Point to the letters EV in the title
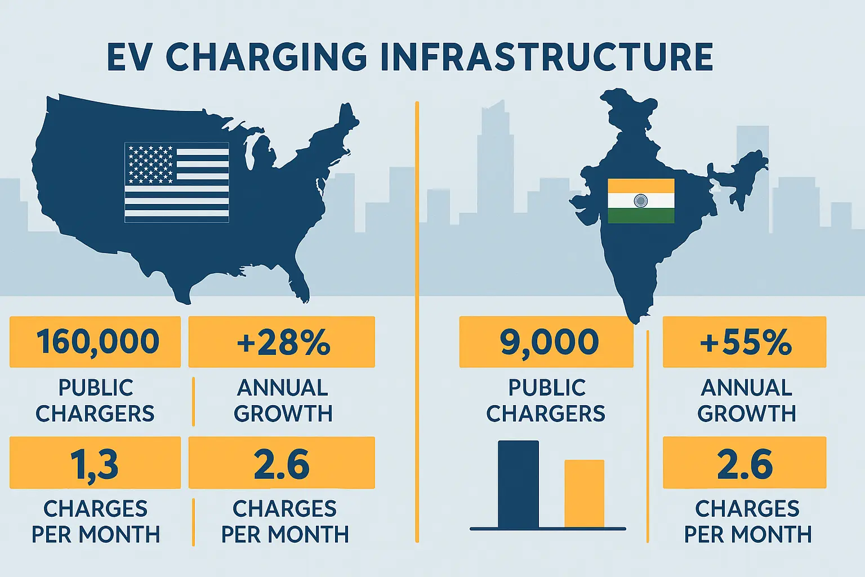pos(130,57)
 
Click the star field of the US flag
pos(150,164)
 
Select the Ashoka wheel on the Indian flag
pos(641,201)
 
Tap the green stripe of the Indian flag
pos(641,216)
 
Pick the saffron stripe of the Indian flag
pos(641,186)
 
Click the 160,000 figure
pos(97,342)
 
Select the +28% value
pos(283,342)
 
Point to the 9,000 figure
pos(549,342)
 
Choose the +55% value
pos(745,342)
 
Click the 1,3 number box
pos(95,463)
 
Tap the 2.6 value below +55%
pos(744,463)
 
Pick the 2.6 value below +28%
pos(282,463)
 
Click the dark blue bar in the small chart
pos(518,485)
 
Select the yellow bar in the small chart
pos(584,494)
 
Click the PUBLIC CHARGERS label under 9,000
pos(546,401)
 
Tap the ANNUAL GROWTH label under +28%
pos(283,401)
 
